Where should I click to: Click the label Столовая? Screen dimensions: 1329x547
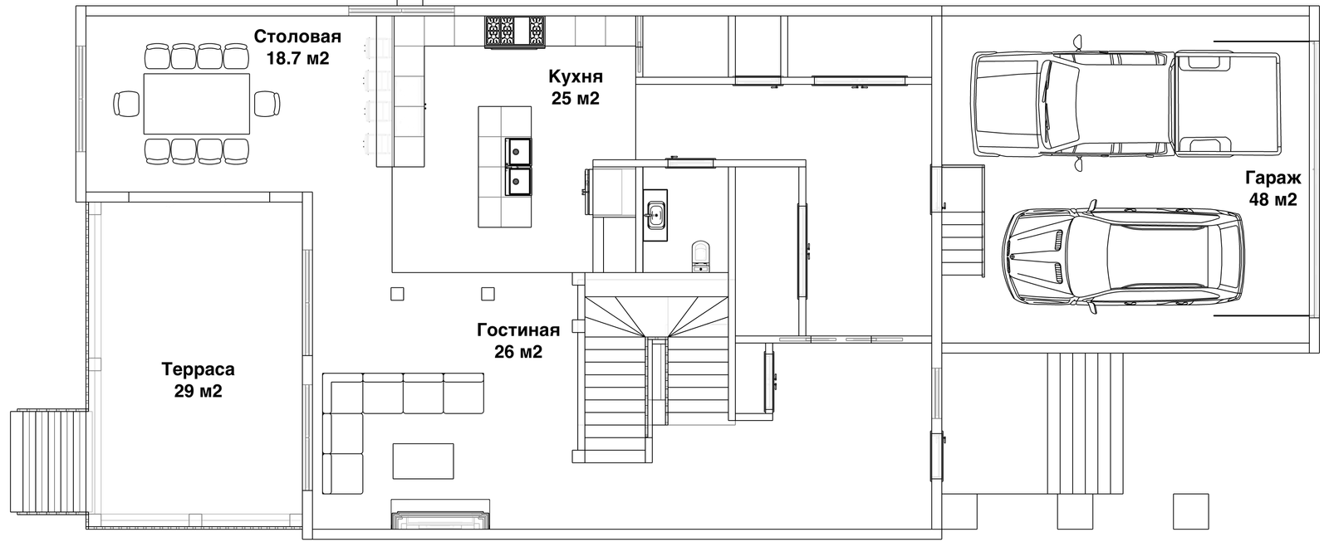click(x=298, y=37)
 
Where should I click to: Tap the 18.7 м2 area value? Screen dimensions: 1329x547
click(x=298, y=59)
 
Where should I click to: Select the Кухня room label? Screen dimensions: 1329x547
click(x=576, y=76)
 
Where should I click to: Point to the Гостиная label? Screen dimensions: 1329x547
click(x=518, y=330)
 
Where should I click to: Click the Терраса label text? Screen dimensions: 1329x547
click(x=199, y=369)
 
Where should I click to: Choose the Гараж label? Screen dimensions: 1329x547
click(x=1273, y=178)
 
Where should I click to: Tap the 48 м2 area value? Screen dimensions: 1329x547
click(x=1273, y=200)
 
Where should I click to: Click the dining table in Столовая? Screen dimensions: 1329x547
click(x=196, y=104)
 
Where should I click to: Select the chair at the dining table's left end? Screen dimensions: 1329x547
click(x=126, y=104)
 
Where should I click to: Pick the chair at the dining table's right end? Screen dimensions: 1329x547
click(x=267, y=104)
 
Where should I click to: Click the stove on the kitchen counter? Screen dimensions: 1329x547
click(x=514, y=32)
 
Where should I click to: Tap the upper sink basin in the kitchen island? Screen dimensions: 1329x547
click(x=518, y=152)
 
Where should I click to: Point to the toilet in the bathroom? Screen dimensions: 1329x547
click(x=701, y=256)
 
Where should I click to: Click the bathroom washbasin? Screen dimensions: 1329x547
click(x=655, y=214)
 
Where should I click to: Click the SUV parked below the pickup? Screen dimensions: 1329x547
click(x=1123, y=258)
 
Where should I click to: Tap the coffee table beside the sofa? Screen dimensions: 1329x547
click(x=423, y=461)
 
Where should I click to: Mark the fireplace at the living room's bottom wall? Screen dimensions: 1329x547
click(x=440, y=513)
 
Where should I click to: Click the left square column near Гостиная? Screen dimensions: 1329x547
click(x=398, y=294)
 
